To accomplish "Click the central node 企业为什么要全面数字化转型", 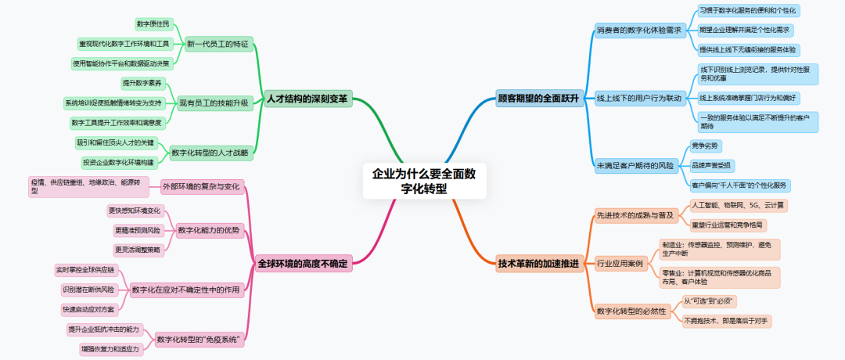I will click(423, 182).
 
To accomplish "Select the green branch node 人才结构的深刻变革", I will click(307, 99).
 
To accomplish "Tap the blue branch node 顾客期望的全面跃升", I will click(538, 99).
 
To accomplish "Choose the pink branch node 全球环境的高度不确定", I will click(302, 264).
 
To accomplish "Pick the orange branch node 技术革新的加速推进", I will click(538, 264).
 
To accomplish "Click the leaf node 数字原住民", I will click(153, 23).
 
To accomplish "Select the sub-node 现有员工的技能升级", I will click(214, 103).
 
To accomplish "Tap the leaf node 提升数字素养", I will click(142, 83).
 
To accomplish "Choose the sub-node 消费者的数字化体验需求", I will click(639, 31).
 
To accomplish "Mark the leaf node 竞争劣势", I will click(706, 146).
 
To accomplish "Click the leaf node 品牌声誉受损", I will click(711, 166).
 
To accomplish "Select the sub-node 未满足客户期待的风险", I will click(635, 166).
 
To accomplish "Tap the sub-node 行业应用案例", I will click(619, 264).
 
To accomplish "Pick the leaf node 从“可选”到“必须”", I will click(710, 301).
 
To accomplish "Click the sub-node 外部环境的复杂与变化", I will click(200, 187).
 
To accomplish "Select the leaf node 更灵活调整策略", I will click(138, 250).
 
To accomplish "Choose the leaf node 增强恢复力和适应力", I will click(110, 349).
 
